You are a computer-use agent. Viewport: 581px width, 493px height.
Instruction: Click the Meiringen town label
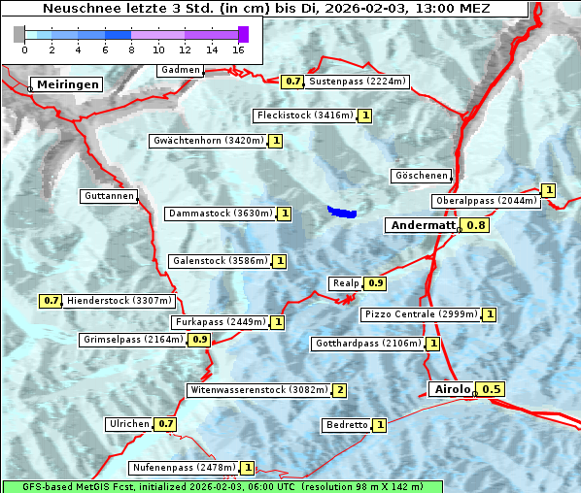click(x=67, y=84)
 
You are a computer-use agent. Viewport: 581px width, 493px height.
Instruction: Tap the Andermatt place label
click(x=422, y=225)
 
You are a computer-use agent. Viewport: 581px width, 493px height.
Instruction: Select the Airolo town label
click(x=452, y=389)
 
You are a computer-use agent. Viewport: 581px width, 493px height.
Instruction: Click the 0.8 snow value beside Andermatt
click(x=476, y=225)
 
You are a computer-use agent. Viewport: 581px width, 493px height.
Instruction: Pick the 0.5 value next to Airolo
click(x=492, y=389)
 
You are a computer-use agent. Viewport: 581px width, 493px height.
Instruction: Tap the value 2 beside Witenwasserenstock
click(x=339, y=390)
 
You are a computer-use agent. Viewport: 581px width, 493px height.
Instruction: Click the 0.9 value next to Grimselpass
click(x=199, y=340)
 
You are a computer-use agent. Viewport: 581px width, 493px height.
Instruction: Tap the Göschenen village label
click(x=421, y=176)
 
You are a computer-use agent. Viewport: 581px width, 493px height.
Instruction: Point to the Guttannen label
click(x=108, y=196)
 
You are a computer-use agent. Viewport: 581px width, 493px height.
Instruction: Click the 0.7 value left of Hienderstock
click(x=51, y=301)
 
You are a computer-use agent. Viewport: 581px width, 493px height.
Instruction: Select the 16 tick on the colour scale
click(x=238, y=49)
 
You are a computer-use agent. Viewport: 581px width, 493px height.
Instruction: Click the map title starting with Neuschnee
click(x=266, y=9)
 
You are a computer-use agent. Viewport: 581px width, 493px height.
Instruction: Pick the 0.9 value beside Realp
click(x=376, y=283)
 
